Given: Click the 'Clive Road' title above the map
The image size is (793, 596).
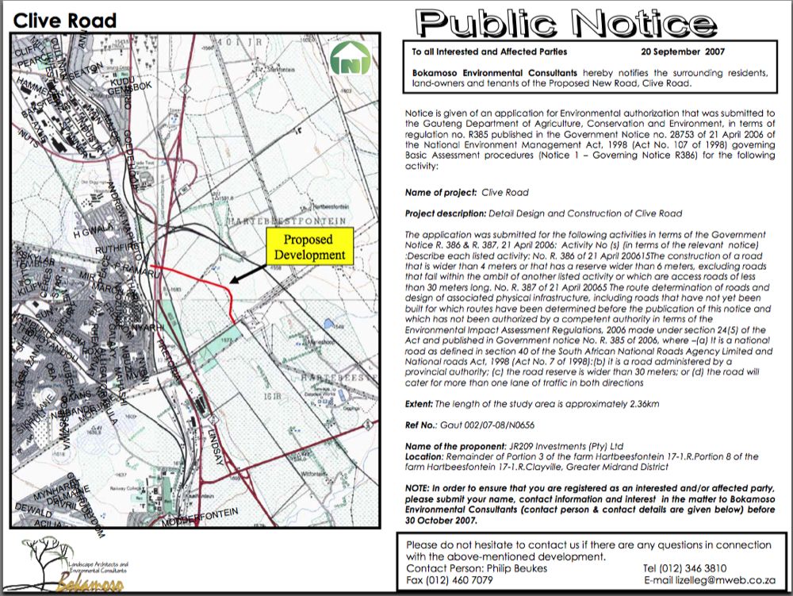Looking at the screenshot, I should coord(65,21).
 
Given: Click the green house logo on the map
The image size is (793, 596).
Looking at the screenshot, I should coord(350,59).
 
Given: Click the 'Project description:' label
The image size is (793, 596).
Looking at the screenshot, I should coord(443,213).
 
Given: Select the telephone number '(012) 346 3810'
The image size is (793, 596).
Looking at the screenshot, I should coord(694,568).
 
